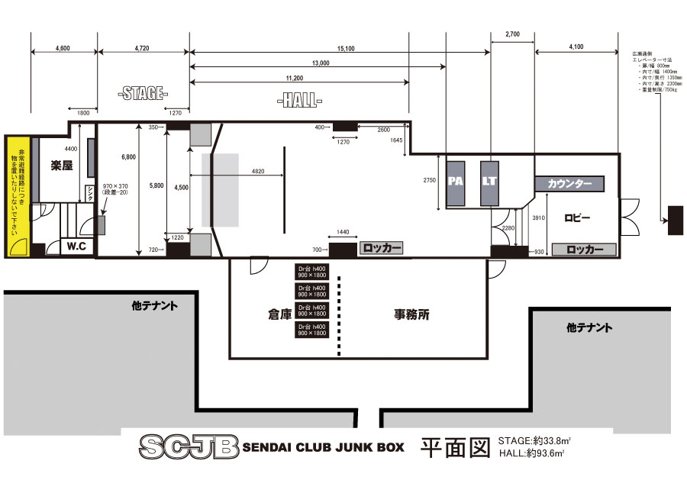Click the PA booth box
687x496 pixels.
456,183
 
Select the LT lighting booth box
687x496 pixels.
489,183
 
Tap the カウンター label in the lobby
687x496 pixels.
569,184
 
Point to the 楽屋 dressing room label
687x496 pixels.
63,165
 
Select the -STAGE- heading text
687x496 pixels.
143,94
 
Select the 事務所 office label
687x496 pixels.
411,314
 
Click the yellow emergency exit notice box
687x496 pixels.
17,196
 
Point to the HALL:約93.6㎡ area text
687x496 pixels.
531,454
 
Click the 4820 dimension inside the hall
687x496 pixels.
258,172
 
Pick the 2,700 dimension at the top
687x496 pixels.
512,34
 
